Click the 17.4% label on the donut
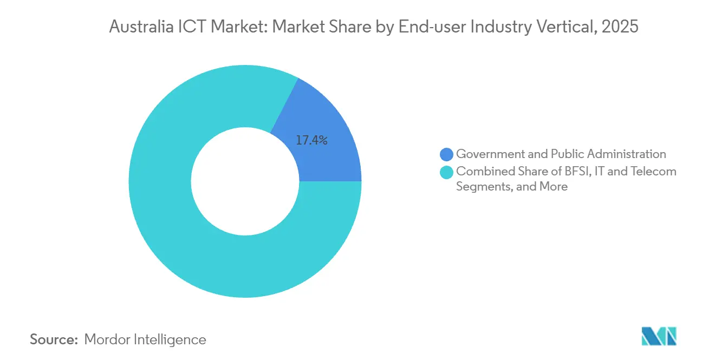point(311,140)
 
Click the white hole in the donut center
point(245,181)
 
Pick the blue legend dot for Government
point(447,154)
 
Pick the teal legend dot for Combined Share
point(447,172)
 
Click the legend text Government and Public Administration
point(561,154)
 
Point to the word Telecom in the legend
point(655,172)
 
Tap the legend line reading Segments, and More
point(512,187)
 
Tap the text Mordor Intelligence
point(145,339)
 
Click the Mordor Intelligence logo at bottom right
point(659,336)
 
